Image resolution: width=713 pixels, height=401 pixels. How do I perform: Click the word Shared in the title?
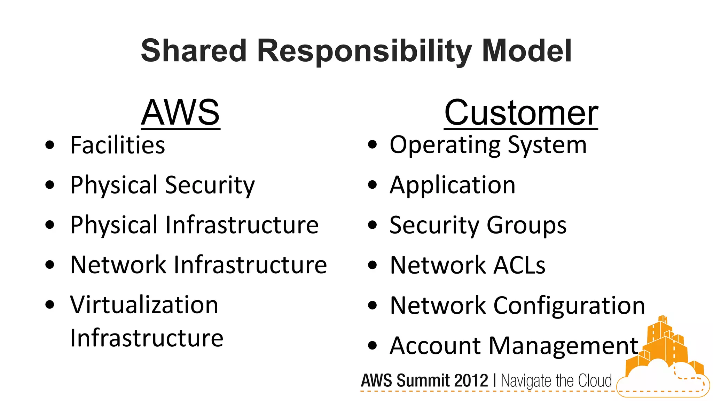pyautogui.click(x=194, y=51)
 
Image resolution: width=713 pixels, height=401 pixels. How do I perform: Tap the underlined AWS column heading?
pyautogui.click(x=180, y=113)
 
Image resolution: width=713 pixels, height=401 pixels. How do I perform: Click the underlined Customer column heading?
pyautogui.click(x=521, y=113)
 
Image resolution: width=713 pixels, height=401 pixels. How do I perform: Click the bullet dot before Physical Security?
pyautogui.click(x=50, y=185)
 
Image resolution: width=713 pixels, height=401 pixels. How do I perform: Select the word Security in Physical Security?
pyautogui.click(x=210, y=185)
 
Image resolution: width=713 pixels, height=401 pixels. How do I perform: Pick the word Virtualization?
pyautogui.click(x=144, y=305)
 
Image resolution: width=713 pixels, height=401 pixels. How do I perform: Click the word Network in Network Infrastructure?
pyautogui.click(x=118, y=265)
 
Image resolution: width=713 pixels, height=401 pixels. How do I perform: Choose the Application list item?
pyautogui.click(x=452, y=185)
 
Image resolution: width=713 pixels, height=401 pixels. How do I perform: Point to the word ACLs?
pyautogui.click(x=519, y=265)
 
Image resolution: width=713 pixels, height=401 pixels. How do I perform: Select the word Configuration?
pyautogui.click(x=569, y=306)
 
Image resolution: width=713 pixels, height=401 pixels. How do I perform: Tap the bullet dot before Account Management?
pyautogui.click(x=372, y=346)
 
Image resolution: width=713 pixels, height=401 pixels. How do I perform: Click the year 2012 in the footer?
pyautogui.click(x=471, y=380)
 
